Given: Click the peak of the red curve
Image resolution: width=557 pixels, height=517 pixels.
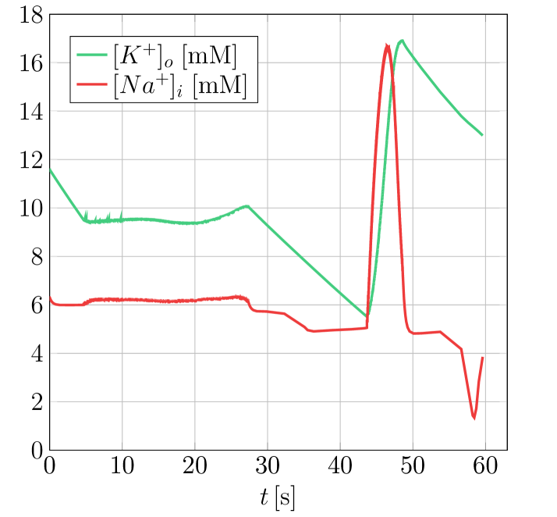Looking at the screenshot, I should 387,45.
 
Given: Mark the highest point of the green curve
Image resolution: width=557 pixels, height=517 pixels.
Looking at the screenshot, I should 401,40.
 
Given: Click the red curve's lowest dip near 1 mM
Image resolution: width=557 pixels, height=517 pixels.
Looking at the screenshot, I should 474,418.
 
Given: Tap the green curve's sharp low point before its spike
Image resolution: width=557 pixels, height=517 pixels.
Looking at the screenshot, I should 367,316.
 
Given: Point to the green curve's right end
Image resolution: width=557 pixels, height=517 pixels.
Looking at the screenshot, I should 482,135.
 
